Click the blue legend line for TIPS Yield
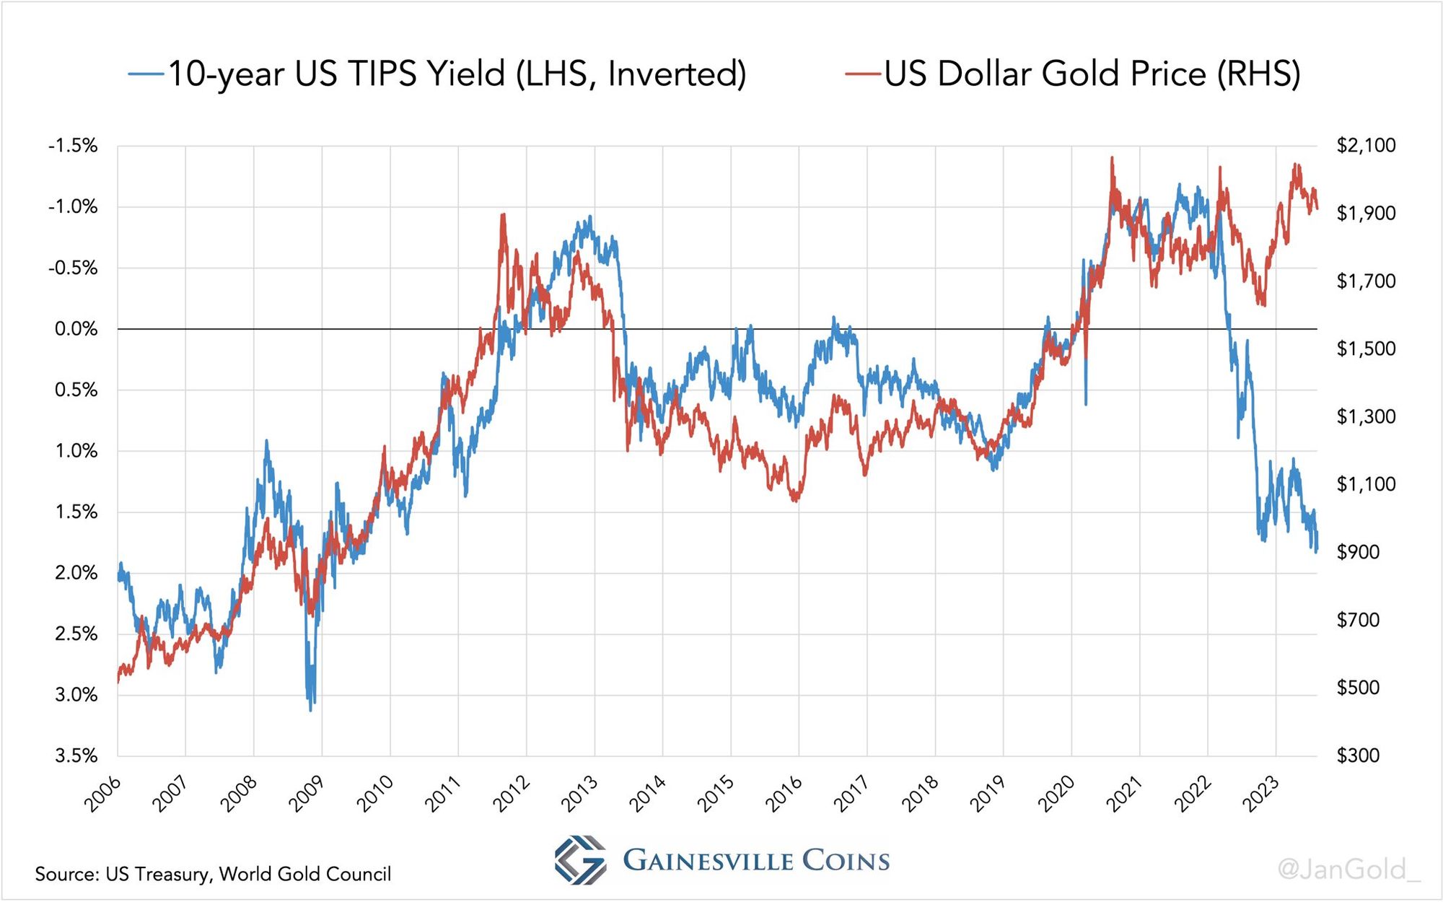tap(146, 74)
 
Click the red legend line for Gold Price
tap(863, 74)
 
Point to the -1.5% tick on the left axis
tap(73, 146)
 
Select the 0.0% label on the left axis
tap(76, 329)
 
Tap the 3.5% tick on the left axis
tap(76, 756)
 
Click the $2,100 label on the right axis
tap(1366, 145)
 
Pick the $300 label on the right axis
tap(1358, 756)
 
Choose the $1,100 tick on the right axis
tap(1366, 484)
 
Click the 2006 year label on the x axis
tap(102, 794)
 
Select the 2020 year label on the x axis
tap(1056, 794)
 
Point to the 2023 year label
tap(1260, 794)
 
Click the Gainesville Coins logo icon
tap(580, 859)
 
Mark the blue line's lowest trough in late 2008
tap(311, 710)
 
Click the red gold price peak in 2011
tap(502, 214)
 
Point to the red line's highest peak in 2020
tap(1112, 157)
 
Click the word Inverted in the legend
tap(676, 74)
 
